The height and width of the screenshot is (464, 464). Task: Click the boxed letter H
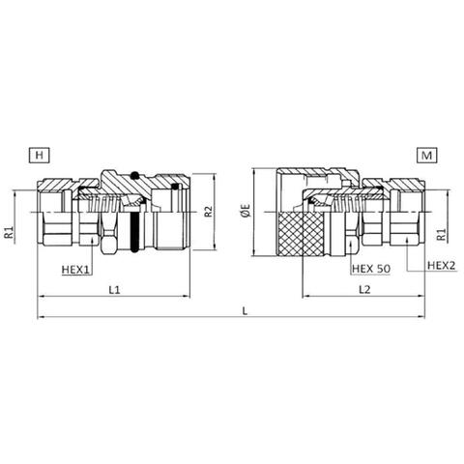tap(40, 156)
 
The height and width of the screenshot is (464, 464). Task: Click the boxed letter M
tap(426, 156)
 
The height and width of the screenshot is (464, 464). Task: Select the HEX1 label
tap(75, 270)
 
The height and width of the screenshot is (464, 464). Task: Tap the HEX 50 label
tap(371, 269)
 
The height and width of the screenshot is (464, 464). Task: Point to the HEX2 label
tap(441, 266)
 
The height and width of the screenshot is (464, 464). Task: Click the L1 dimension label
tap(114, 290)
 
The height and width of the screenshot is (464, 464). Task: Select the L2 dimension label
tap(364, 290)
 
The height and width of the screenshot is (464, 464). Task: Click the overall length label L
tap(245, 311)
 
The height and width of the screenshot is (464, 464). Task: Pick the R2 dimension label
tap(209, 211)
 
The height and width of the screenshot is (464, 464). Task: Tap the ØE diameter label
tap(246, 210)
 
